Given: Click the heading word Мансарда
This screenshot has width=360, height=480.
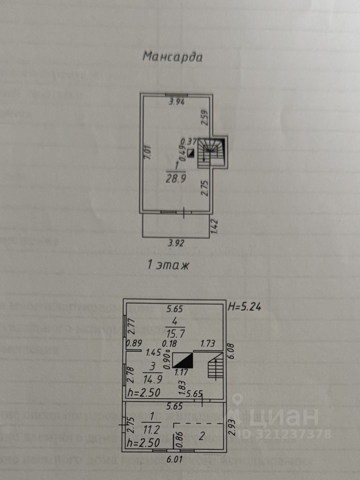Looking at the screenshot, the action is (x=172, y=56).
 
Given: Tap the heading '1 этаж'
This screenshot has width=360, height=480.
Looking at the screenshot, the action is (x=168, y=265).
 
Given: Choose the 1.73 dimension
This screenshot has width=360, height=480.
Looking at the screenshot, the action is (x=208, y=343).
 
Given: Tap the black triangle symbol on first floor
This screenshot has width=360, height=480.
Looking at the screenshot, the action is (x=182, y=361).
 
